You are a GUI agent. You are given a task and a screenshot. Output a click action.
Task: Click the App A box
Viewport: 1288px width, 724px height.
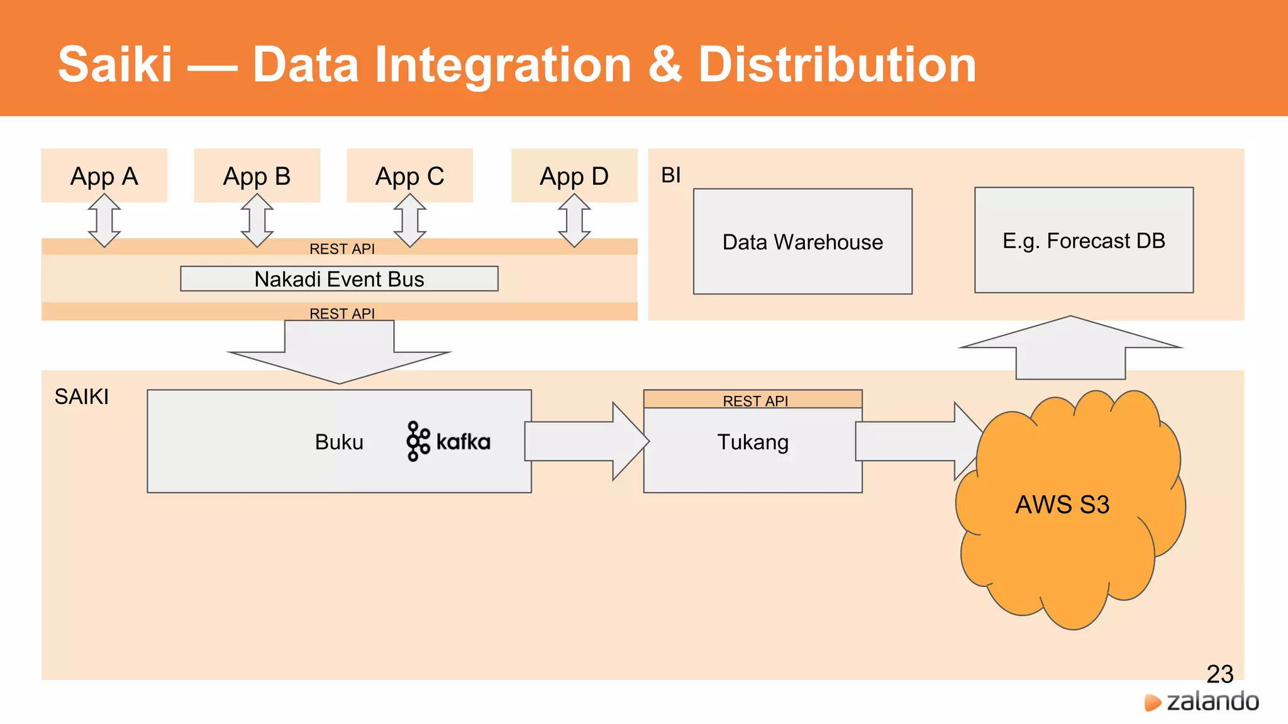click(104, 175)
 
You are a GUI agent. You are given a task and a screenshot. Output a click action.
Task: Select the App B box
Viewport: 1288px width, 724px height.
click(257, 175)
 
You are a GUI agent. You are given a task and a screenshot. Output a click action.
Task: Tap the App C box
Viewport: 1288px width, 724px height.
click(409, 175)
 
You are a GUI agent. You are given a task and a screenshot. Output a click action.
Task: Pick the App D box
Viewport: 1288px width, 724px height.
click(574, 175)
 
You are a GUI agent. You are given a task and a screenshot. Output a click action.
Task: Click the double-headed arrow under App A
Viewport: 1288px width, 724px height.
click(104, 220)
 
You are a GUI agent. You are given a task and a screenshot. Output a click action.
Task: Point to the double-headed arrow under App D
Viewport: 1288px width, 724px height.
click(574, 220)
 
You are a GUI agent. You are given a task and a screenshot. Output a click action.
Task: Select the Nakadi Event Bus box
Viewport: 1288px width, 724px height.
click(339, 278)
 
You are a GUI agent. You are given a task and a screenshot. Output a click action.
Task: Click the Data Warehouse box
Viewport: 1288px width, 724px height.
click(802, 241)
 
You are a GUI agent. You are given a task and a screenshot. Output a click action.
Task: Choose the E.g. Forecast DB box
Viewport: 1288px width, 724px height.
click(1084, 240)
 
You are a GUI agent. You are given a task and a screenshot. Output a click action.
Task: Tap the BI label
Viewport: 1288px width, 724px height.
click(671, 175)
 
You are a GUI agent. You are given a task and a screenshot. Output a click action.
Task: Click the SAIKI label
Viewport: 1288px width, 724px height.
click(82, 397)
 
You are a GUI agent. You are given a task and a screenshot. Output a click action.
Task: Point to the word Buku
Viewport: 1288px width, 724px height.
click(339, 442)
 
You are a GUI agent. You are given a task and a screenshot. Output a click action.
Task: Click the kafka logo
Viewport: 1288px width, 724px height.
click(448, 441)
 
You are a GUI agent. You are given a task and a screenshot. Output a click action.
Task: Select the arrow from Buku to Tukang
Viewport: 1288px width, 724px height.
click(585, 441)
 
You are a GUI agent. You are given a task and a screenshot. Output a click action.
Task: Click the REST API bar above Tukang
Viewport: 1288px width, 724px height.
click(753, 400)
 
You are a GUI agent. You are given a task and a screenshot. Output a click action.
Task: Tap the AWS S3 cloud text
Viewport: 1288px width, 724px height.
click(1062, 505)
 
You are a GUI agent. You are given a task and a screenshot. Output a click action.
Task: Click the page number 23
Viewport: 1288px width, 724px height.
click(1219, 674)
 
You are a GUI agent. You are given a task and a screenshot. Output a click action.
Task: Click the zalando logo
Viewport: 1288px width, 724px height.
click(1202, 701)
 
